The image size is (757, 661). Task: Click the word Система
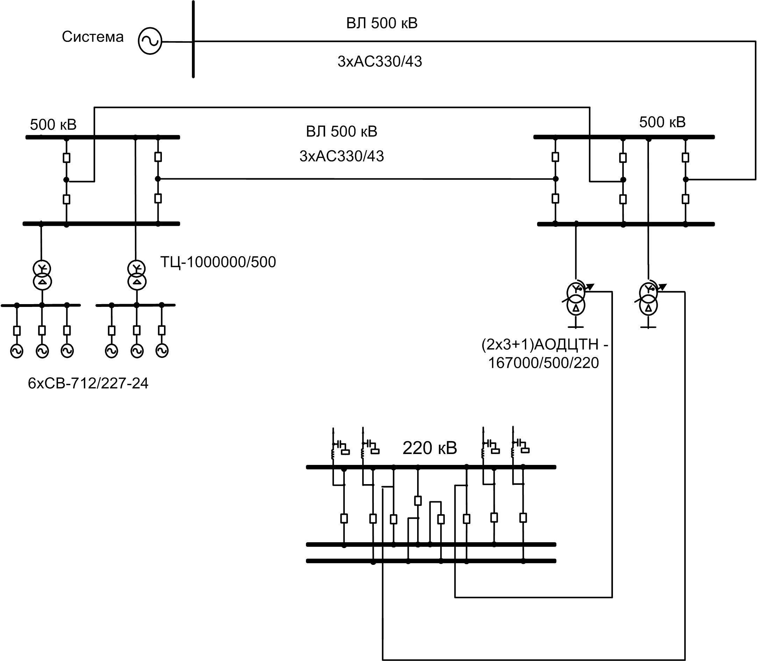(x=93, y=37)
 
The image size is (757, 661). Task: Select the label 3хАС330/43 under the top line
(x=380, y=62)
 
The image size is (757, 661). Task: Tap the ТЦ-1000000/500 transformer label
(x=218, y=262)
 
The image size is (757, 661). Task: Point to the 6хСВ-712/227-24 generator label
(x=88, y=383)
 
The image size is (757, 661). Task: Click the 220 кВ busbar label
(x=430, y=448)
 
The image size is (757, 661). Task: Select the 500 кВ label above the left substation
(x=53, y=125)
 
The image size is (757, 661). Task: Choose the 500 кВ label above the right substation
(x=662, y=122)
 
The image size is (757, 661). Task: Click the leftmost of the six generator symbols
(x=16, y=351)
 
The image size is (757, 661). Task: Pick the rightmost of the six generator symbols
(x=162, y=351)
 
